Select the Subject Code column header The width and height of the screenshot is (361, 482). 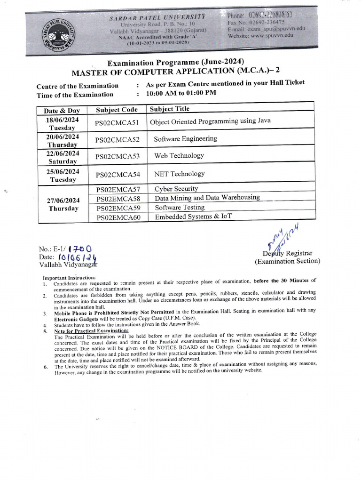coord(117,110)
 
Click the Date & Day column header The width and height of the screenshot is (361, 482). coord(62,111)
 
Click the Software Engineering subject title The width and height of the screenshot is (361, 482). coord(185,139)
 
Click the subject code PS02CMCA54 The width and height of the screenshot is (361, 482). coord(118,175)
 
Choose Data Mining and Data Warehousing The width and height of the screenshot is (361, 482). coord(207,198)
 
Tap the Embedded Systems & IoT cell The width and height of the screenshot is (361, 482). coord(193,217)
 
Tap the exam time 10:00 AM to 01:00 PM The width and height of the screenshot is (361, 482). coord(181,93)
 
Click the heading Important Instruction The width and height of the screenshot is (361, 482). coord(69,278)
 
